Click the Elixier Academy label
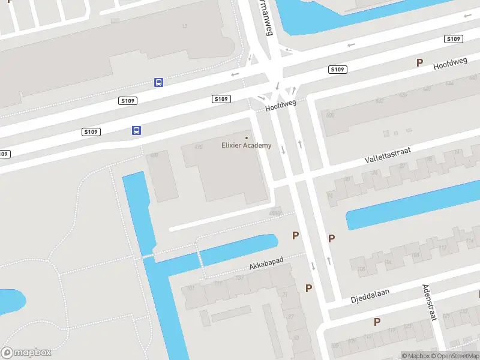click(x=246, y=145)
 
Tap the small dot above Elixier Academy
click(x=246, y=138)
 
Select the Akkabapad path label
click(x=266, y=263)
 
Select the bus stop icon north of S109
click(x=158, y=82)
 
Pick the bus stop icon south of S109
click(x=137, y=130)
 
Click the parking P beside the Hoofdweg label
click(x=420, y=62)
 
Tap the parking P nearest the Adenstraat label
click(x=377, y=322)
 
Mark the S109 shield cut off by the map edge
click(x=4, y=154)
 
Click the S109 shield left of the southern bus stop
click(x=91, y=132)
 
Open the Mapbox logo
click(x=26, y=353)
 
